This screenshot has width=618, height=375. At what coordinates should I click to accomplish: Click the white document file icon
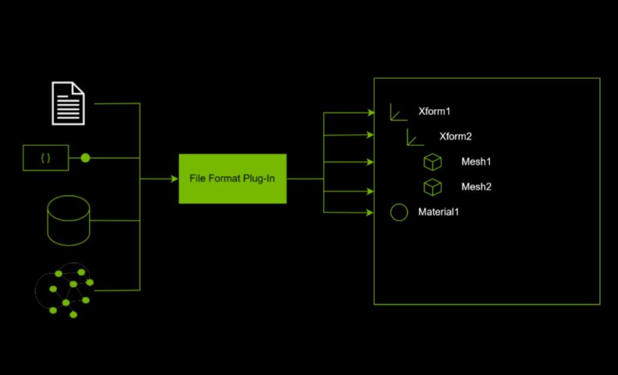[x=68, y=103]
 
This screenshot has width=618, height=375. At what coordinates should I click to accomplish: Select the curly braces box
[x=45, y=158]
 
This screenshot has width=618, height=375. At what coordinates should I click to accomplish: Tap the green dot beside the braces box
[x=85, y=158]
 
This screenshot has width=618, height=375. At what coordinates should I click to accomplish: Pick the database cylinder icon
[x=68, y=221]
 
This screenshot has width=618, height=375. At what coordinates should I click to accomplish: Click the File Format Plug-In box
[x=233, y=179]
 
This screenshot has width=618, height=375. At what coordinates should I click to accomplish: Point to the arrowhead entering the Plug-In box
[x=174, y=179]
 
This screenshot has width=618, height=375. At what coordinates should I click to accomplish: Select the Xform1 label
[x=434, y=111]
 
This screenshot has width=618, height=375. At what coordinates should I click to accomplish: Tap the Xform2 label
[x=455, y=137]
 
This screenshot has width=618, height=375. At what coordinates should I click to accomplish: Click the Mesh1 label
[x=476, y=162]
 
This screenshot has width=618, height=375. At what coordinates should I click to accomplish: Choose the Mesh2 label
[x=476, y=187]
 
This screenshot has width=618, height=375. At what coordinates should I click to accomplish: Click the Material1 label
[x=438, y=212]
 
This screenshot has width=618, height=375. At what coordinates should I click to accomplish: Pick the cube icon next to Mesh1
[x=432, y=162]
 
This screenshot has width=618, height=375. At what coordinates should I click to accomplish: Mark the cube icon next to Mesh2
[x=432, y=187]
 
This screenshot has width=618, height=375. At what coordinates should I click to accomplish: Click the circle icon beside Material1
[x=399, y=212]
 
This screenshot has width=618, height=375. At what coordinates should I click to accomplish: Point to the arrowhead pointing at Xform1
[x=371, y=112]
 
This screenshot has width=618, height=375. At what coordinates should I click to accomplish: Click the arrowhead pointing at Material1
[x=371, y=212]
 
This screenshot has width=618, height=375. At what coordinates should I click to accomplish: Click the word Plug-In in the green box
[x=259, y=179]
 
